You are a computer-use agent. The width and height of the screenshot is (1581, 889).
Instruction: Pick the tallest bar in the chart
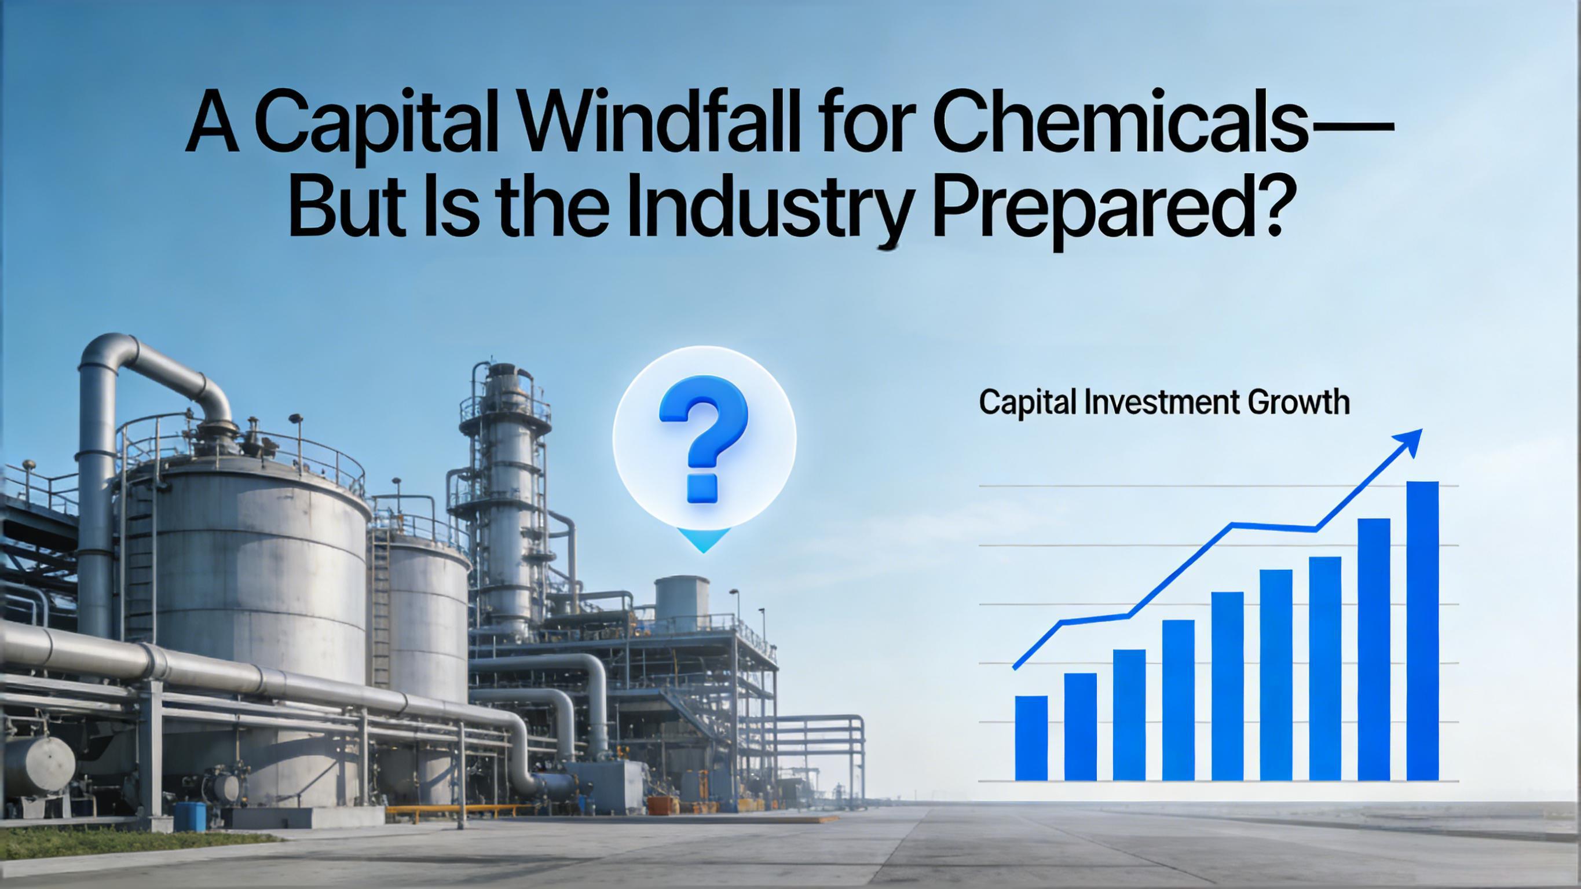point(1423,631)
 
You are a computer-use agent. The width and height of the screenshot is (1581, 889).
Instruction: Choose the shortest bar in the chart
point(1031,738)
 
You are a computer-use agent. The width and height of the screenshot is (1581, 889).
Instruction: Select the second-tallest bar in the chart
point(1374,650)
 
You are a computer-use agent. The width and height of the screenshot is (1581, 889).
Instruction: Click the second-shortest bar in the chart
point(1080,727)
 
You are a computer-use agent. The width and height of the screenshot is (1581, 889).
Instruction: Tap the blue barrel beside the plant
point(191,817)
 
